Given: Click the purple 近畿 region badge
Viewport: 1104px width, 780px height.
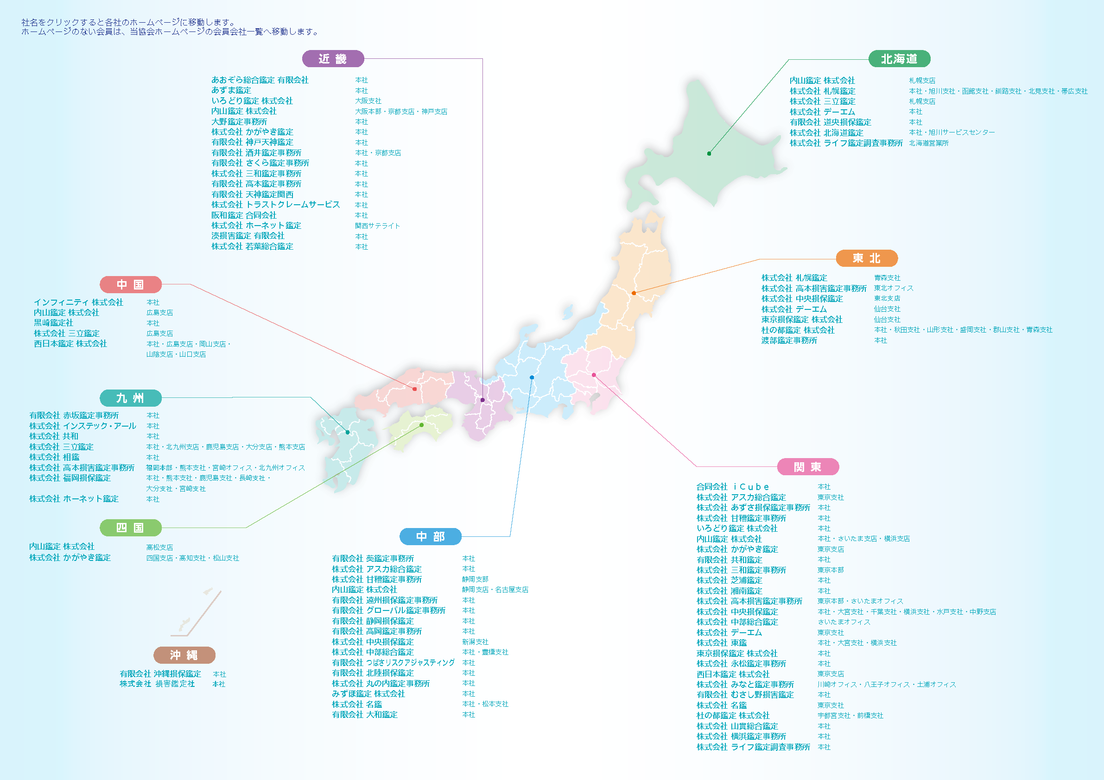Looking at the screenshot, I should tap(333, 59).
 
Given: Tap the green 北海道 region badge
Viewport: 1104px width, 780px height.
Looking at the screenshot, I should tap(899, 59).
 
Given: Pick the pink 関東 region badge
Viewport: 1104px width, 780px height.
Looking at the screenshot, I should tap(808, 466).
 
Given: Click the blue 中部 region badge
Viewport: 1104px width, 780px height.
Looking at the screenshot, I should tap(431, 536).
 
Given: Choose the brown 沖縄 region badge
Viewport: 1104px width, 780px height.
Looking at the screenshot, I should tap(184, 655).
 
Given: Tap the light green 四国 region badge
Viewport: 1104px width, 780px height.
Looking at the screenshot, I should tap(130, 528).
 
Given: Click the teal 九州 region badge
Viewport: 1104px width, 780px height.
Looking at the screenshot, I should tap(130, 398).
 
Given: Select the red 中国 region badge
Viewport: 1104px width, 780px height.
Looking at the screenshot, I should tap(130, 284).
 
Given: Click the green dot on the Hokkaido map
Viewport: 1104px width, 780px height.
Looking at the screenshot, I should tap(709, 154).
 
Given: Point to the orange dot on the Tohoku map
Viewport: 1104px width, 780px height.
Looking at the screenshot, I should tap(634, 293).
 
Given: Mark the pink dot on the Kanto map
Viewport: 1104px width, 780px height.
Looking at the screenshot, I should tap(594, 375).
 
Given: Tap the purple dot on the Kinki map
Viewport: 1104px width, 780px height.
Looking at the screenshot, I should tap(483, 400).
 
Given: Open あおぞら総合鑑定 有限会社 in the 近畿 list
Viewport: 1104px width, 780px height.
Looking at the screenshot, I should tap(260, 80).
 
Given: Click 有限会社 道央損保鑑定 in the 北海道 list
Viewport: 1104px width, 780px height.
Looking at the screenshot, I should tap(830, 123).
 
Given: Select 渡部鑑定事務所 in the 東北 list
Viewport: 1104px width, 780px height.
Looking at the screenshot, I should tap(789, 340).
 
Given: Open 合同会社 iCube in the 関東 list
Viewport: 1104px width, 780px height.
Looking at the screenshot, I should tap(732, 487).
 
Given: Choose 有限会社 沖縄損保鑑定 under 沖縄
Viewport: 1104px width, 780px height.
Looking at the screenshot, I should tap(160, 674).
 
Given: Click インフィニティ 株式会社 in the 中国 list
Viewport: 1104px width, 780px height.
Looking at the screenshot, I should tap(78, 302).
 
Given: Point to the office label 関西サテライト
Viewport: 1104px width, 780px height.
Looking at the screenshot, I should tap(377, 226).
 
